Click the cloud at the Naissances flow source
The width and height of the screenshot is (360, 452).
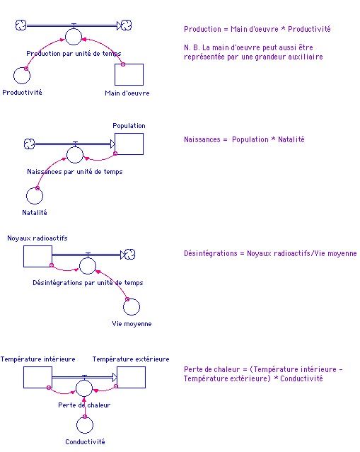coord(29,144)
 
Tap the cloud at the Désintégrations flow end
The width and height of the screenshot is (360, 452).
coord(129,254)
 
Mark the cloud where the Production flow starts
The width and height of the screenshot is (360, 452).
coord(21,25)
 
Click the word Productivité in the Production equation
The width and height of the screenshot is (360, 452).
coord(309,29)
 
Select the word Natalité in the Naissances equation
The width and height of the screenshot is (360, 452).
coord(291,139)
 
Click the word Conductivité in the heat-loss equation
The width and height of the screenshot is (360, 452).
coord(301,378)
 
